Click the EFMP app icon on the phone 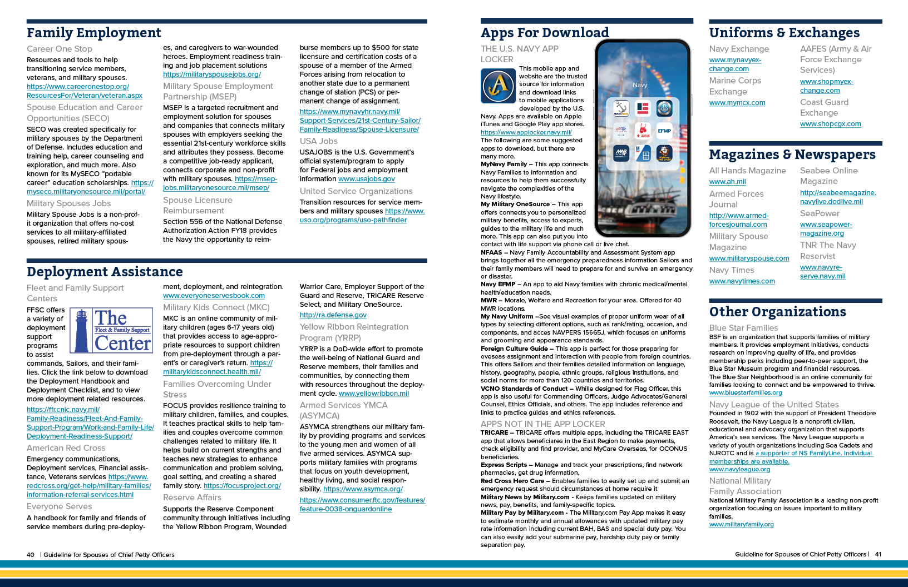tap(664, 131)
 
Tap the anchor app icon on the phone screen tap(621, 108)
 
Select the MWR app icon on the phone tap(621, 153)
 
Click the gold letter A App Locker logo tap(499, 86)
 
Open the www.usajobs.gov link tap(367, 179)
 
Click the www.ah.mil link tap(727, 182)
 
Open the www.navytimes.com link tap(742, 281)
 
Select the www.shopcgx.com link tap(830, 124)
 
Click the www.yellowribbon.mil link tap(373, 394)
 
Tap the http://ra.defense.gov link tap(333, 315)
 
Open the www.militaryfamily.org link tap(741, 524)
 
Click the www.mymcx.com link tap(737, 103)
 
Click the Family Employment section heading tap(94, 33)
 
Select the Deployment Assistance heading tap(105, 272)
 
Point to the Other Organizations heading tap(777, 312)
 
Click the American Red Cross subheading tap(66, 448)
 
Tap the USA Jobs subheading tap(318, 141)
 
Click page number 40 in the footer tap(31, 555)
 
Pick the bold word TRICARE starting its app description tap(494, 432)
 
